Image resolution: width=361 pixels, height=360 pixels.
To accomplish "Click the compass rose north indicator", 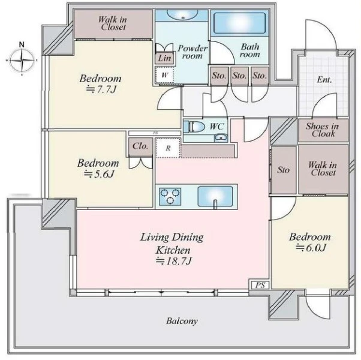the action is pyautogui.click(x=22, y=44).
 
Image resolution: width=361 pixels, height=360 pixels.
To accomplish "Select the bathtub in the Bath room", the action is pyautogui.click(x=239, y=23).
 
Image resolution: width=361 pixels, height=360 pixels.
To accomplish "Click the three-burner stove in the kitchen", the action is pyautogui.click(x=170, y=196).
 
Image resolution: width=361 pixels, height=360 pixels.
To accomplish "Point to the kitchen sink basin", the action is pyautogui.click(x=215, y=196).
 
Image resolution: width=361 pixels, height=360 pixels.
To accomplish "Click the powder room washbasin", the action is pyautogui.click(x=182, y=15).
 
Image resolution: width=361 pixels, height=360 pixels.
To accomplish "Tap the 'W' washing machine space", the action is pyautogui.click(x=164, y=75).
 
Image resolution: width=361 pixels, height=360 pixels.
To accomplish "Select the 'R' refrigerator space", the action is pyautogui.click(x=168, y=148).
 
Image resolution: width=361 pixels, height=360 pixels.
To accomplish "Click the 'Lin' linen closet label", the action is pyautogui.click(x=164, y=58).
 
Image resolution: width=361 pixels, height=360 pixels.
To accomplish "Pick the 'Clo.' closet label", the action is pyautogui.click(x=140, y=146).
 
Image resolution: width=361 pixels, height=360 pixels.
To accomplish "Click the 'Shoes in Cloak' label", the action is pyautogui.click(x=323, y=130).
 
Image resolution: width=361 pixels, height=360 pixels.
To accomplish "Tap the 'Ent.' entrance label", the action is pyautogui.click(x=324, y=80).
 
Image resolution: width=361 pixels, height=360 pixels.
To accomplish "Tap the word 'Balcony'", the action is pyautogui.click(x=182, y=321).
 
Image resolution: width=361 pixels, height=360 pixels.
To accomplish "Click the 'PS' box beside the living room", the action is pyautogui.click(x=260, y=285).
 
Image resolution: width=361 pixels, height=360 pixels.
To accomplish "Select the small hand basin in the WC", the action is pyautogui.click(x=221, y=138).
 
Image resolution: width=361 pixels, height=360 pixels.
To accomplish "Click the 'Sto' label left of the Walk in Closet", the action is pyautogui.click(x=283, y=170).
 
